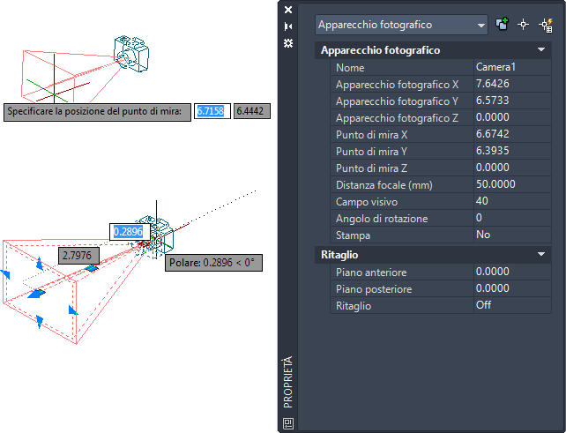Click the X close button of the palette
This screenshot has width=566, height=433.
[288, 10]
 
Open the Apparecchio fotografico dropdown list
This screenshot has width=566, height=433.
[480, 26]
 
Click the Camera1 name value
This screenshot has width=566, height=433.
[495, 67]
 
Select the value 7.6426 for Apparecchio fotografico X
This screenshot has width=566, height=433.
[492, 84]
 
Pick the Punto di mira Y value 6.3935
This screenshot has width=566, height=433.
[492, 151]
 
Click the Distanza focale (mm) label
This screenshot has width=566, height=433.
[384, 185]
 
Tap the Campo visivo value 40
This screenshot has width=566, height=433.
[482, 201]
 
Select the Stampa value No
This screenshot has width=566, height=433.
[483, 235]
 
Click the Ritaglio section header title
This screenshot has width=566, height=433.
[339, 255]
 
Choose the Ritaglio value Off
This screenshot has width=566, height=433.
[483, 305]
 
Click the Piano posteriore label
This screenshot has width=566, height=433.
[374, 289]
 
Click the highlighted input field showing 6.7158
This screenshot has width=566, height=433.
[212, 111]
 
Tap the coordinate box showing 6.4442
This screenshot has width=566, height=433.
[252, 111]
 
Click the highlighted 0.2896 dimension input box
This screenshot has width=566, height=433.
[130, 231]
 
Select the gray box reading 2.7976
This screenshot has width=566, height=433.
[78, 256]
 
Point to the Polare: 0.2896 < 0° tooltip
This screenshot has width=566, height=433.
[213, 263]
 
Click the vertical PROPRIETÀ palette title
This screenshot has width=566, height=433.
[287, 382]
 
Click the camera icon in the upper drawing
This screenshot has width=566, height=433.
[131, 54]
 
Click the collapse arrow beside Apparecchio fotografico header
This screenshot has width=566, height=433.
[541, 49]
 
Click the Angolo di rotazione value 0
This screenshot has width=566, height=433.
[479, 218]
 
